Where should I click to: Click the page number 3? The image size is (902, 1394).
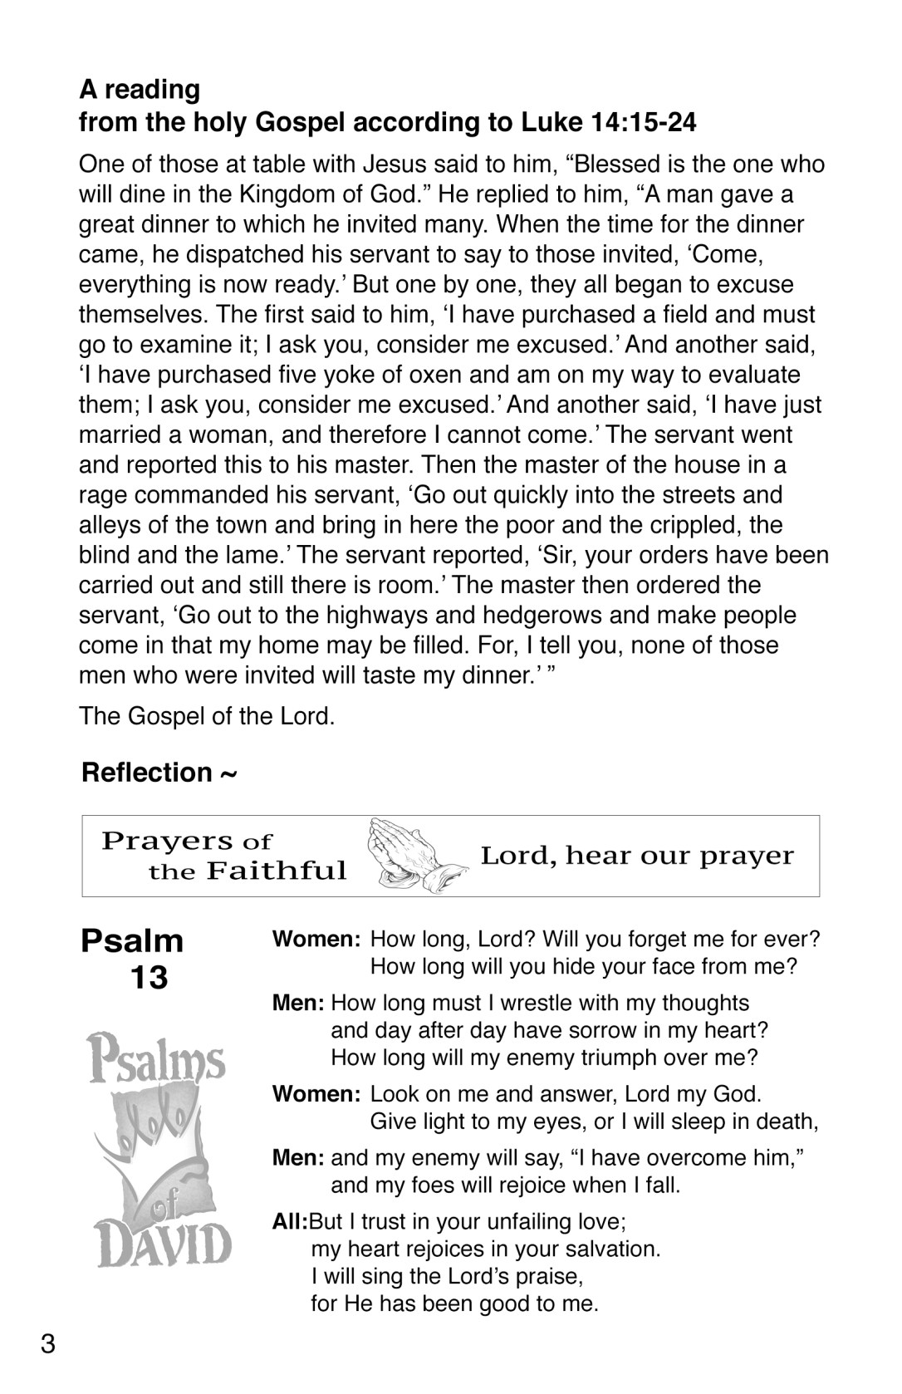(x=48, y=1343)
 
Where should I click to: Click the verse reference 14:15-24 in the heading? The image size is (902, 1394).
(x=645, y=123)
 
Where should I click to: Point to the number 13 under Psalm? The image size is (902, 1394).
(x=149, y=978)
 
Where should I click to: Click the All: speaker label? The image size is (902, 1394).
(x=290, y=1222)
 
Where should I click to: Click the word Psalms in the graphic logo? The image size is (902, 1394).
(x=158, y=1060)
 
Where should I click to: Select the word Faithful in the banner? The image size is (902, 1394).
(x=277, y=871)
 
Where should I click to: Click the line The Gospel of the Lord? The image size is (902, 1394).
(x=207, y=716)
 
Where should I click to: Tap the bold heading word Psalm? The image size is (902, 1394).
(x=133, y=941)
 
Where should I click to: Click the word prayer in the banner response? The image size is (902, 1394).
(x=747, y=857)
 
